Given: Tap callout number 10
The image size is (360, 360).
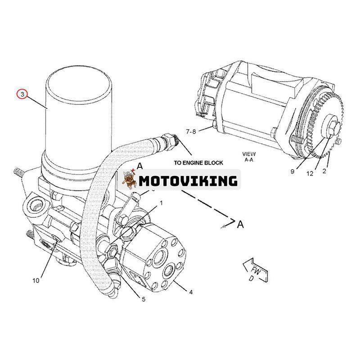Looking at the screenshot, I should (x=36, y=280).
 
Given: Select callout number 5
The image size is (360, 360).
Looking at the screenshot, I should (x=144, y=299).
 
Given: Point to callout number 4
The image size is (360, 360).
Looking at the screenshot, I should (x=191, y=292).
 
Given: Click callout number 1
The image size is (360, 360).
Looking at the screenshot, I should (x=161, y=203).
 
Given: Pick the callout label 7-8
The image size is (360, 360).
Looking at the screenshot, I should (x=191, y=131).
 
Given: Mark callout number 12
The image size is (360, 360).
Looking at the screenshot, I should (x=310, y=174).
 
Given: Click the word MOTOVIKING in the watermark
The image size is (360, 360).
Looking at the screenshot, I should (x=188, y=181).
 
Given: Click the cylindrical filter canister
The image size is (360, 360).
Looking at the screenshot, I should (x=79, y=117).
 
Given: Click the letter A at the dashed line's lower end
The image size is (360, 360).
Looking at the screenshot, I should (x=241, y=224).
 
